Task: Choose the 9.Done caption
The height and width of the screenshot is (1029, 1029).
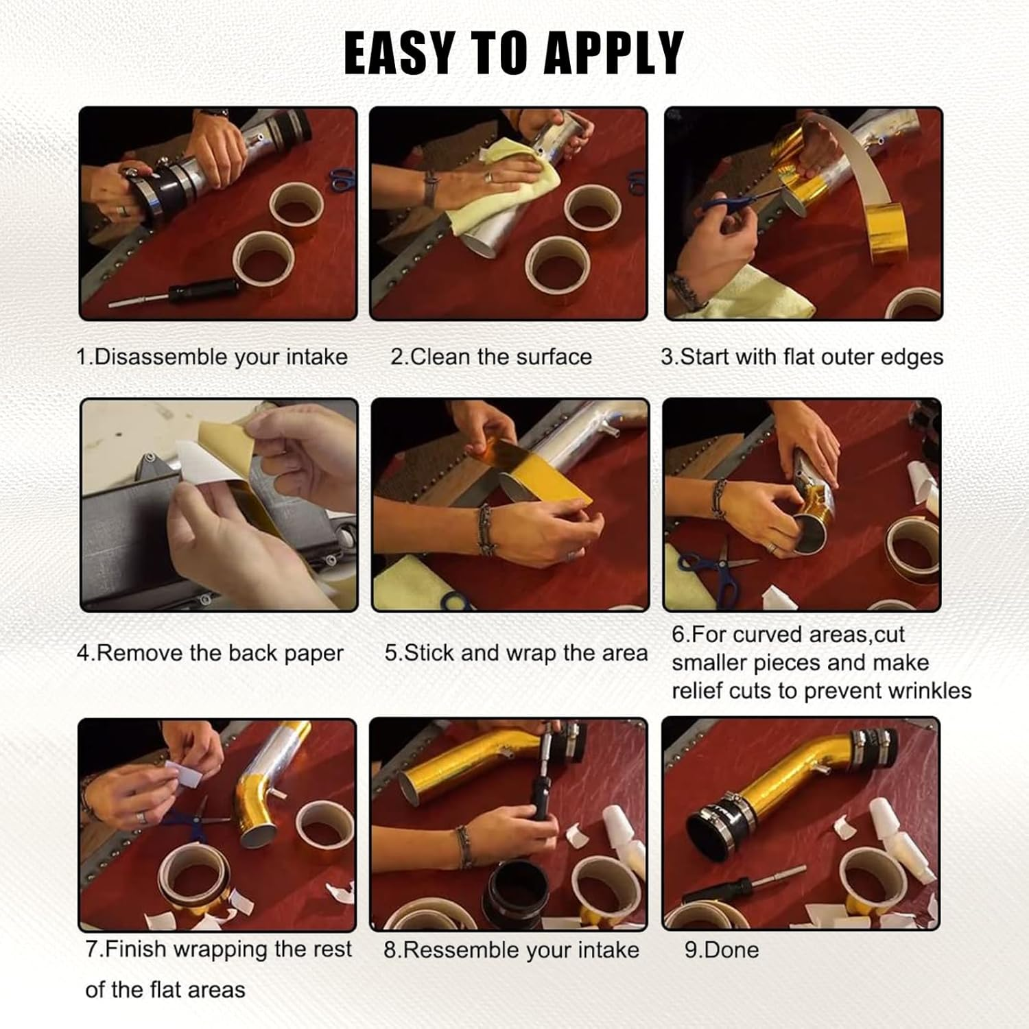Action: click(x=722, y=950)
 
